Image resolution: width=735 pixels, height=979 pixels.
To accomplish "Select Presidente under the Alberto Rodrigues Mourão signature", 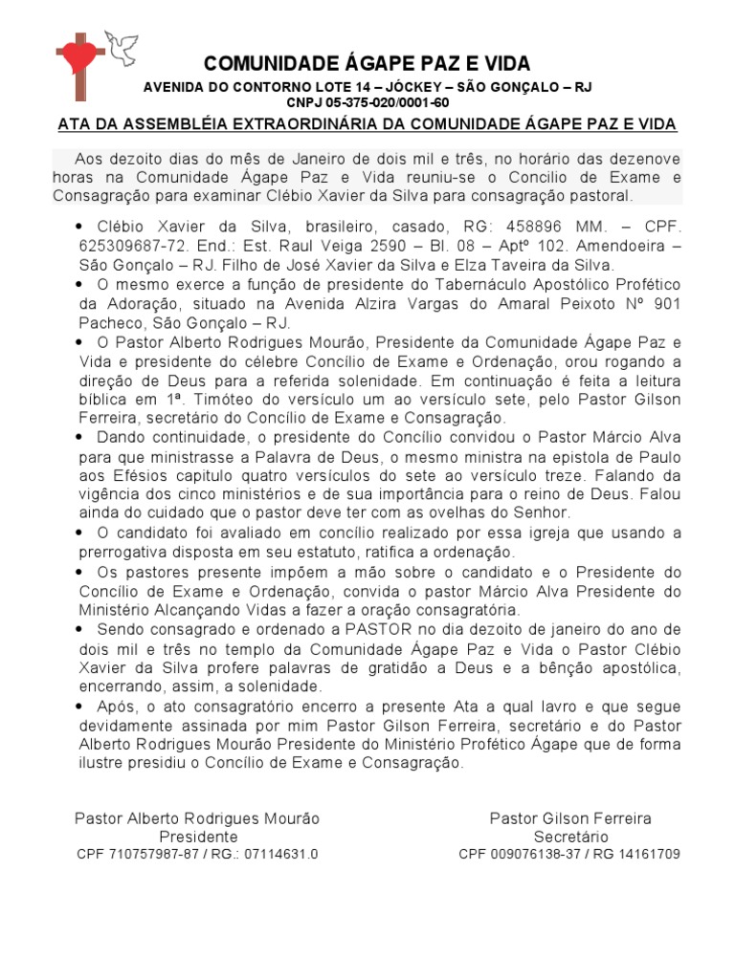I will pos(198,837).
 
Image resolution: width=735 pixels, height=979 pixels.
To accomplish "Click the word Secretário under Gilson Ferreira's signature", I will pos(569,837).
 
